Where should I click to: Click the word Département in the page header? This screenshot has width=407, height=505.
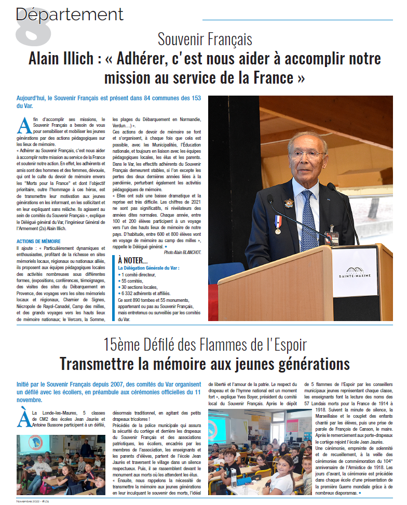tap(70, 14)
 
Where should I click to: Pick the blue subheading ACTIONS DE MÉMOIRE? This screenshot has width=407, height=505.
tap(38, 241)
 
